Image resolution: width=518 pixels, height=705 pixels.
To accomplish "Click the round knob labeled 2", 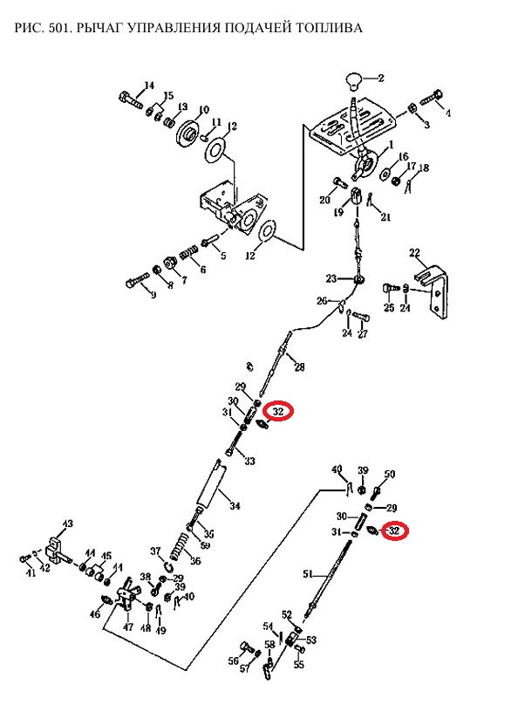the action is coord(353,81).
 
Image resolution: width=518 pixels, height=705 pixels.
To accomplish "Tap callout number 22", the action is coord(414,253).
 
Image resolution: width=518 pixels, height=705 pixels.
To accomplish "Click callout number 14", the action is coord(149,86).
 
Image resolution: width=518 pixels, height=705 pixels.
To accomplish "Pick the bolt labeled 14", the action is coord(131,99).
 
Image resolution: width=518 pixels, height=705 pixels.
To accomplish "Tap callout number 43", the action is coord(67,524).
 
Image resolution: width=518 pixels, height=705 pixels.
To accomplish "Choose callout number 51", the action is coord(307,574).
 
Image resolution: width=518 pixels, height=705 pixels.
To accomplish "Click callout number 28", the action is coord(299,366).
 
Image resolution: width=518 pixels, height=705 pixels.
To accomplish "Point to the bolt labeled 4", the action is coord(432,98).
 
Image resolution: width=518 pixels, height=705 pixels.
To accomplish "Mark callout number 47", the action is coord(128,626).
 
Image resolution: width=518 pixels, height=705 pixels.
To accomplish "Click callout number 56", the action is coord(233,661).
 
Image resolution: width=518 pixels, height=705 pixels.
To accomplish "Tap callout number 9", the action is coord(153,295).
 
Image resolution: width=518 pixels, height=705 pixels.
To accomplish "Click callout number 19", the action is coord(338,212).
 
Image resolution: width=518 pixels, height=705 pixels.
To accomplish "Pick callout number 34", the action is coord(235,506).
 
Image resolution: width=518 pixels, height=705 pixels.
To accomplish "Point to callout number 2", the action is coord(380,79).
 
